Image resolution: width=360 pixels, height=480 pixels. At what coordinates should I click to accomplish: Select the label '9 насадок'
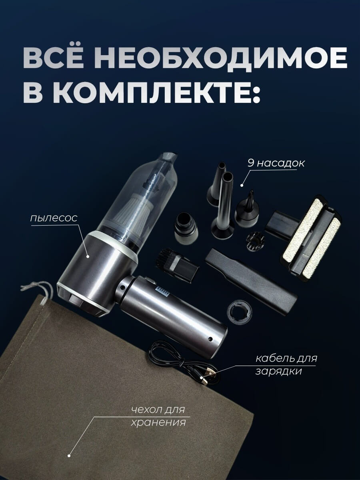[276, 163]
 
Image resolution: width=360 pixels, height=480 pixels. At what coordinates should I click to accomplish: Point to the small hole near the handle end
[210, 339]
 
